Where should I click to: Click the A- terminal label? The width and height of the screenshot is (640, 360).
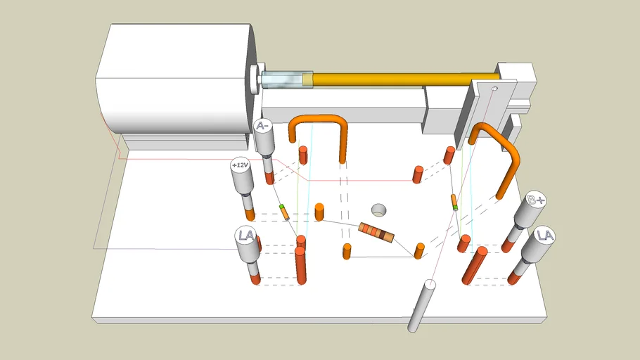[262, 126]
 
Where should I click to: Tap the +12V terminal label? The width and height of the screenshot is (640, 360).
[240, 165]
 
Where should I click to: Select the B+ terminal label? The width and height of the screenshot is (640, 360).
[535, 200]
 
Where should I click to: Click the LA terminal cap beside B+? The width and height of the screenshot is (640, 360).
[544, 236]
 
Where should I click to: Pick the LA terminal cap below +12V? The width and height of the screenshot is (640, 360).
[245, 236]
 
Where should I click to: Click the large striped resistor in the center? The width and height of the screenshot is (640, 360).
[376, 232]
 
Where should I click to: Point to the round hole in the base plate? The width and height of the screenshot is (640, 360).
[379, 211]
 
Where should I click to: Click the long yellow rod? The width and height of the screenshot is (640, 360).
[405, 79]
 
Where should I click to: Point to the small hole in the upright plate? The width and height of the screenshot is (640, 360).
[494, 89]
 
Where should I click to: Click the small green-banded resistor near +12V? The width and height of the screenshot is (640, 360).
[285, 212]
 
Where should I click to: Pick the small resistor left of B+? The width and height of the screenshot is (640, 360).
[454, 202]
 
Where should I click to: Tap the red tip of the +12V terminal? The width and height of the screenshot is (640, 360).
[250, 214]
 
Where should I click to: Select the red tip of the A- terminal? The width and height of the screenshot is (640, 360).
[269, 178]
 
